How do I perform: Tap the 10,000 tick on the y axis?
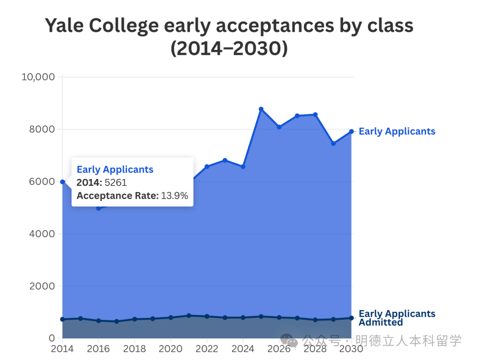(38, 77)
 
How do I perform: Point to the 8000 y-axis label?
(42, 129)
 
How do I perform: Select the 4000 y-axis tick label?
(42, 234)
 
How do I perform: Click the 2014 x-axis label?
(62, 349)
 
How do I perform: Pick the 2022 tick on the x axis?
(207, 349)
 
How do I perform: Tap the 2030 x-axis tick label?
(351, 349)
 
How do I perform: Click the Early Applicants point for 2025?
(261, 109)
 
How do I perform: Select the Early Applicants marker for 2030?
(352, 131)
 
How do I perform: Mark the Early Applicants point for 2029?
(333, 144)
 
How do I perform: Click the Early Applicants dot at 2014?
(63, 182)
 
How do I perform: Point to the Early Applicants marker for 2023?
(225, 160)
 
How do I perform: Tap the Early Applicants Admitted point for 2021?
(189, 315)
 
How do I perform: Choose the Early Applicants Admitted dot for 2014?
(63, 319)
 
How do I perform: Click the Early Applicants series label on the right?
(397, 131)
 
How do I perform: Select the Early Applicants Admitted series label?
(397, 318)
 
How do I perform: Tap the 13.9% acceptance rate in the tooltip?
(174, 196)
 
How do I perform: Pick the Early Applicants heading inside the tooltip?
(115, 170)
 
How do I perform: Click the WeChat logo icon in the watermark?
(290, 341)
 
